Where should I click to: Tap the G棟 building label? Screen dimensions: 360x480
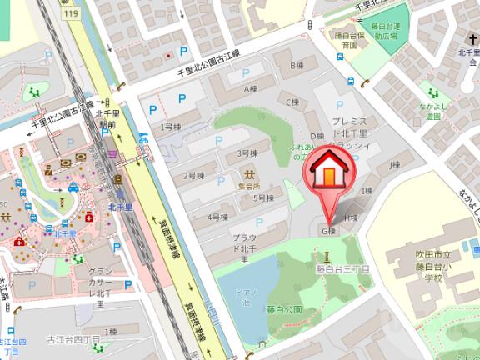coord(329,230)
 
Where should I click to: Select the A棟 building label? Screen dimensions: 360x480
coord(247,88)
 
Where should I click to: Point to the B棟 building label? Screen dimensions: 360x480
coord(295,65)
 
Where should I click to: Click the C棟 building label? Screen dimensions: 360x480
coord(292,102)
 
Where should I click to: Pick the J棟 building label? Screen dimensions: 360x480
coord(396,165)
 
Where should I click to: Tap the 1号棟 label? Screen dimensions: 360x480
coord(171,127)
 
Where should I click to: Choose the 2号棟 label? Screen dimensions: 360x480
coord(194,176)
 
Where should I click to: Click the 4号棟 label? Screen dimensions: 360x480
coord(217,217)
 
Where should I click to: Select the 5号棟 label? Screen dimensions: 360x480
coord(264,198)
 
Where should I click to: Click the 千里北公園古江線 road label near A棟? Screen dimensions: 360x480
coord(207,64)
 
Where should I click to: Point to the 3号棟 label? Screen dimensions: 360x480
coord(247,154)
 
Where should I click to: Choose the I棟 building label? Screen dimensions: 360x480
coord(366,192)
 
